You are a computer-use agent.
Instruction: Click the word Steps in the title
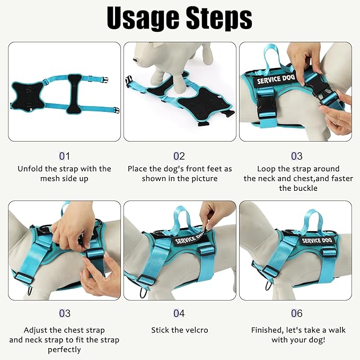click(218, 19)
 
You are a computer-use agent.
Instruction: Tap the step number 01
click(64, 156)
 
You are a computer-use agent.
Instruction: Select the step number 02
click(179, 156)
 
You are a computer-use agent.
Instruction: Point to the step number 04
click(179, 314)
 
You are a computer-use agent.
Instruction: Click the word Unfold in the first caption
click(30, 169)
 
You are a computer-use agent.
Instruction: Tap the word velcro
click(196, 330)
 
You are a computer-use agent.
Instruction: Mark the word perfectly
click(64, 349)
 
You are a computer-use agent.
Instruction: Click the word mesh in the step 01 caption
click(51, 179)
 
